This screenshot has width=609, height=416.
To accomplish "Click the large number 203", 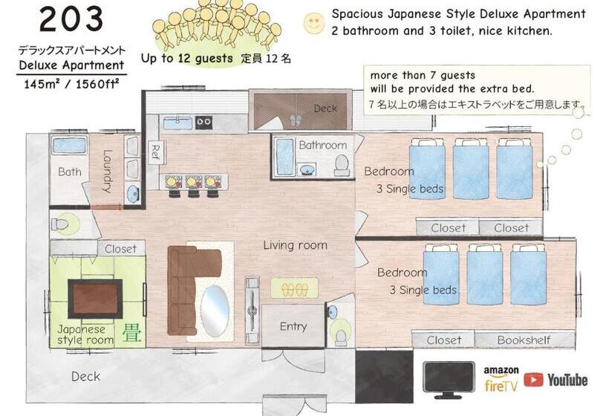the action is [71, 19].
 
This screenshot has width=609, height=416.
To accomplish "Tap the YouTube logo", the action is [556, 380].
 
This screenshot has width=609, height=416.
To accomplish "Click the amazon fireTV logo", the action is [501, 379].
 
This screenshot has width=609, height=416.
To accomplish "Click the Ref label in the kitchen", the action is [155, 152].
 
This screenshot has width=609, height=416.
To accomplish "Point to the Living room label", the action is [295, 245].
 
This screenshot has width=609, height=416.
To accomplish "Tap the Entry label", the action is [293, 326].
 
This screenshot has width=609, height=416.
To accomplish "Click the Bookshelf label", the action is [524, 340].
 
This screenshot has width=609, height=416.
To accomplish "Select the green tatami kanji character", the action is [131, 334].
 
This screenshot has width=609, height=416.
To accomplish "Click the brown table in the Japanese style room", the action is [95, 299].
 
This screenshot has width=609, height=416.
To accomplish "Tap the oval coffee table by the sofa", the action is [215, 311].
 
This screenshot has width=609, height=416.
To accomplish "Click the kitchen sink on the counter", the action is [178, 123].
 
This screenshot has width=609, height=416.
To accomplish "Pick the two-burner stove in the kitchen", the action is [203, 122].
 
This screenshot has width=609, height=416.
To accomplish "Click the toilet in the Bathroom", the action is [342, 165].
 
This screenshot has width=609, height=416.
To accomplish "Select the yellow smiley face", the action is [313, 23].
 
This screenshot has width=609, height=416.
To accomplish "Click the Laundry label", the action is [107, 171].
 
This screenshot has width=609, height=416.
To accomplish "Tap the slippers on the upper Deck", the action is [296, 120].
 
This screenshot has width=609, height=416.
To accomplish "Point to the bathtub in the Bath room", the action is [69, 146].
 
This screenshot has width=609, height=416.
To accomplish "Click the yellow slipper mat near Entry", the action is [294, 288].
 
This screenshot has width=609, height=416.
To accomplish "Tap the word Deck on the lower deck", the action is [86, 376].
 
